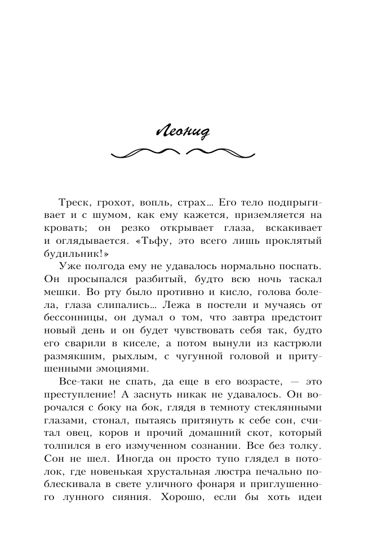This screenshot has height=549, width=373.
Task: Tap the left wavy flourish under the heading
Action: click(145, 153)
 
